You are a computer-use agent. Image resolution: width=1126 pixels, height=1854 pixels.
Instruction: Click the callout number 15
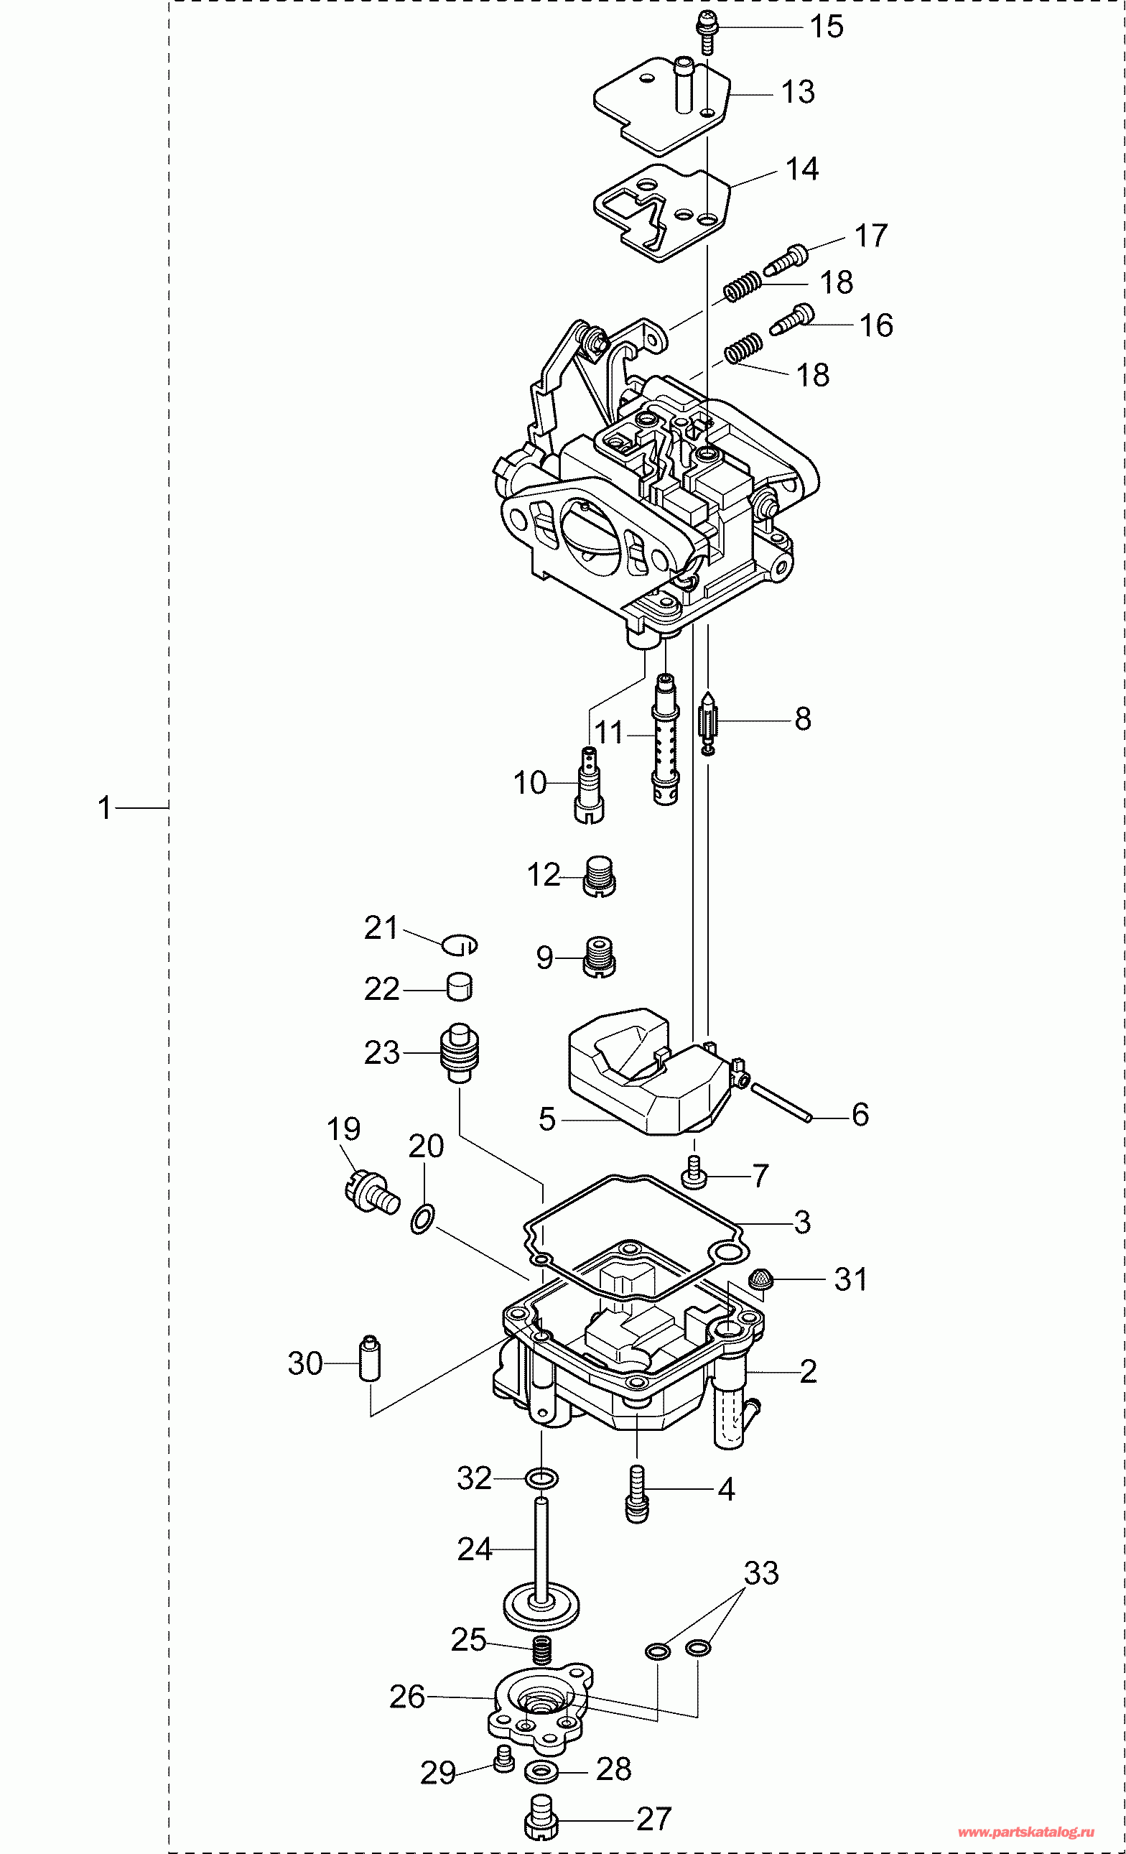point(826,27)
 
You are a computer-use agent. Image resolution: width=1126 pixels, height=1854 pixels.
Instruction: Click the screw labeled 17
point(787,258)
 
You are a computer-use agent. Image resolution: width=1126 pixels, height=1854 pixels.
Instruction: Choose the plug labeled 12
point(600,876)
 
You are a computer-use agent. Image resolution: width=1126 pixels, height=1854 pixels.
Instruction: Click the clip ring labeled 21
point(460,945)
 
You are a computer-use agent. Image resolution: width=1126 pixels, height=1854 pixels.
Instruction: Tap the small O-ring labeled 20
point(422,1218)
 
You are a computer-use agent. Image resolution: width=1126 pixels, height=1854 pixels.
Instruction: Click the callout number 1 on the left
point(105,808)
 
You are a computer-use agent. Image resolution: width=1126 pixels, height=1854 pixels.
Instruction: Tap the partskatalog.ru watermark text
point(1025,1832)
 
